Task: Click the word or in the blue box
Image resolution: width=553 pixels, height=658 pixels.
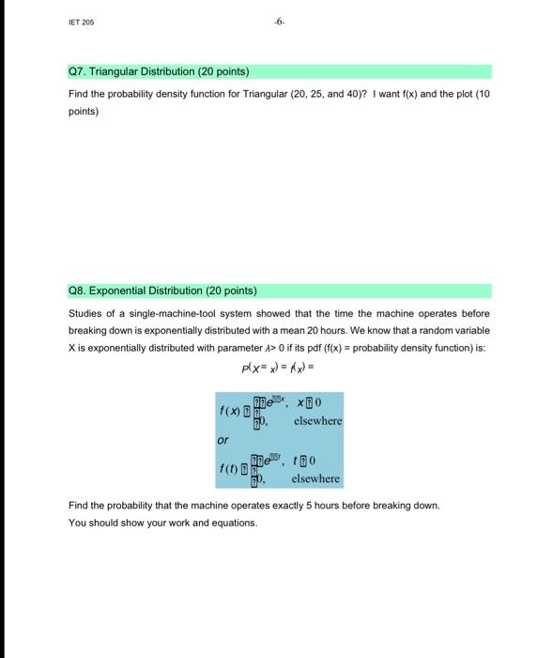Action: (223, 440)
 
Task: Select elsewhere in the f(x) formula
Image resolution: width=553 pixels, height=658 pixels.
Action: (317, 421)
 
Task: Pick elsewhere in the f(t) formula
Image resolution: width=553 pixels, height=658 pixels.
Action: (315, 478)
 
